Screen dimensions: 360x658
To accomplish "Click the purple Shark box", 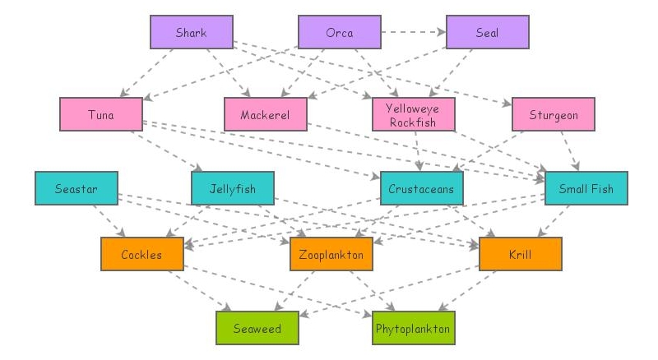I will pyautogui.click(x=191, y=33).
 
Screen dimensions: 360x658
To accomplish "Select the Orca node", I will pyautogui.click(x=339, y=33).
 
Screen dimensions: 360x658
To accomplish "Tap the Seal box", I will pyautogui.click(x=487, y=33).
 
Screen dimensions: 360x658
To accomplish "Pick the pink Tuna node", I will pyautogui.click(x=100, y=114).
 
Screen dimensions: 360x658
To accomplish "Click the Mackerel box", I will pyautogui.click(x=265, y=114).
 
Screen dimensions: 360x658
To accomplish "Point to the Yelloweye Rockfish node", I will pyautogui.click(x=413, y=114).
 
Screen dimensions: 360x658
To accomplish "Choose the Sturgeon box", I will pyautogui.click(x=553, y=114).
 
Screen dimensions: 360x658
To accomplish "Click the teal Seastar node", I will pyautogui.click(x=76, y=188).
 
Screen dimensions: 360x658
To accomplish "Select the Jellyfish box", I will pyautogui.click(x=232, y=188).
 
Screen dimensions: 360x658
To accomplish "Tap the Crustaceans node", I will pyautogui.click(x=421, y=188).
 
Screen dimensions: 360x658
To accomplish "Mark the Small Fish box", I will pyautogui.click(x=586, y=188).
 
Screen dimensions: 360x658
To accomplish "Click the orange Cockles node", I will pyautogui.click(x=141, y=254).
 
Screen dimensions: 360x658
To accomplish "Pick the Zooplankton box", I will pyautogui.click(x=331, y=254).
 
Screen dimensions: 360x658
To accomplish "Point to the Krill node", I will pyautogui.click(x=520, y=254).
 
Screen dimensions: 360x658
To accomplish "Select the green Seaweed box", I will pyautogui.click(x=257, y=328).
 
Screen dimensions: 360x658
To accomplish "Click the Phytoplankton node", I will pyautogui.click(x=413, y=328).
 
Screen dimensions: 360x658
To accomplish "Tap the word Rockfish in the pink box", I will pyautogui.click(x=413, y=121).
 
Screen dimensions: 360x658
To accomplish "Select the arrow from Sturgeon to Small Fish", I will pyautogui.click(x=569, y=151).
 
